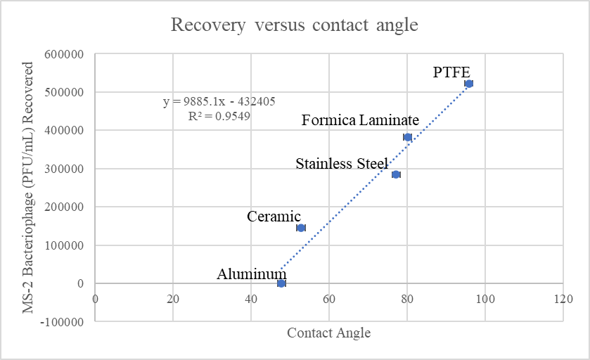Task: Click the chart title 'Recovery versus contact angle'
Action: click(295, 26)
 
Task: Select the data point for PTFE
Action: click(469, 84)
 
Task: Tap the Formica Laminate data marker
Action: click(408, 137)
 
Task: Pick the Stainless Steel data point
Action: click(396, 174)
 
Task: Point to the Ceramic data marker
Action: click(301, 228)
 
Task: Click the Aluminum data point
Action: click(281, 283)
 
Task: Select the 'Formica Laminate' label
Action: click(360, 120)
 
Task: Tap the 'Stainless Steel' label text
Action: click(342, 164)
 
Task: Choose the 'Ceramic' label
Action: click(274, 217)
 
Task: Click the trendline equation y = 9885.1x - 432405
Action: click(219, 101)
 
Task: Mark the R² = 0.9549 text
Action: click(219, 116)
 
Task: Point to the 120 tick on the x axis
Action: click(562, 298)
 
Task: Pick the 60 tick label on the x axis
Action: click(328, 298)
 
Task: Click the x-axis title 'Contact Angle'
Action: click(328, 333)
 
